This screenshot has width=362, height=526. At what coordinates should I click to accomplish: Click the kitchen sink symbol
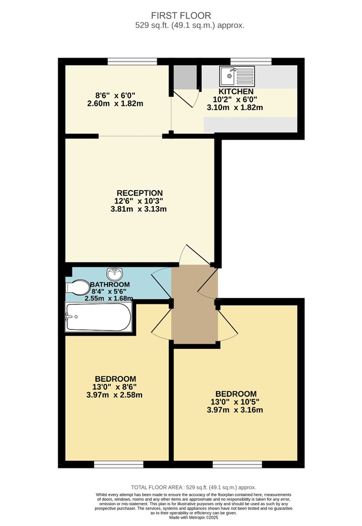click(237, 76)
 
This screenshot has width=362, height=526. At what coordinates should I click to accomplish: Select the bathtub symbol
click(99, 318)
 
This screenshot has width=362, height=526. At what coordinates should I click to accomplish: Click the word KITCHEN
click(236, 91)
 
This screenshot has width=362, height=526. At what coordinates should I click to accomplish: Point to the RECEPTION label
click(139, 193)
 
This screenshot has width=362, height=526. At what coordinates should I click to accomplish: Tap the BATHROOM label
click(110, 284)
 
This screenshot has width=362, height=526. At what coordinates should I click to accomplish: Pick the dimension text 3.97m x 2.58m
click(115, 395)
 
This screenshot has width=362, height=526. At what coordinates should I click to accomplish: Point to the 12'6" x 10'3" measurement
click(139, 201)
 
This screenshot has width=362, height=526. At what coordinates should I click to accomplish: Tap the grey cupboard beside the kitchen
click(185, 77)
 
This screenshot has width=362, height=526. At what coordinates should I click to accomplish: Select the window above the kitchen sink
click(246, 61)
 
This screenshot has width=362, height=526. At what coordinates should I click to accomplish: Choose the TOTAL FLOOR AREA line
click(193, 487)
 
